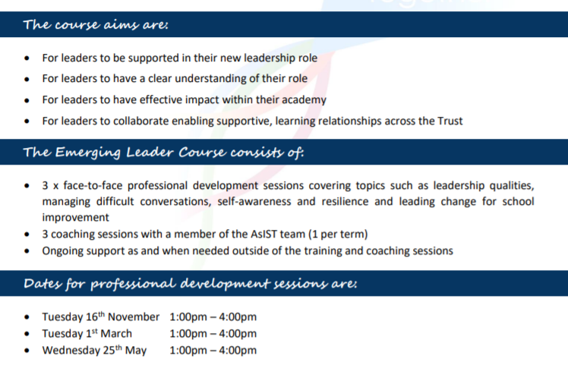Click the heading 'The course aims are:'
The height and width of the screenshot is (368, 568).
point(96,24)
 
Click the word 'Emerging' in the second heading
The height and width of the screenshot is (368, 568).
point(87,153)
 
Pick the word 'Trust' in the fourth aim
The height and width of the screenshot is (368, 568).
point(450,121)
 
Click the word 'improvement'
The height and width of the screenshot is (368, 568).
point(75,218)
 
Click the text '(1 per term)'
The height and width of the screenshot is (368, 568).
point(338,234)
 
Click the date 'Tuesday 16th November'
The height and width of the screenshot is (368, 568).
point(101,316)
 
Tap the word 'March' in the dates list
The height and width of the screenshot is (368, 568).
point(116,334)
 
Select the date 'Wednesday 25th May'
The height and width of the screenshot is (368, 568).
point(94,351)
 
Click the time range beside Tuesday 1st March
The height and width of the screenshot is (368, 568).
point(213,334)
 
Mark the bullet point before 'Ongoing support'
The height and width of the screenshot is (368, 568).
point(27,251)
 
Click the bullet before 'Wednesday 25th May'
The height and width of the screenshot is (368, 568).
point(27,351)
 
